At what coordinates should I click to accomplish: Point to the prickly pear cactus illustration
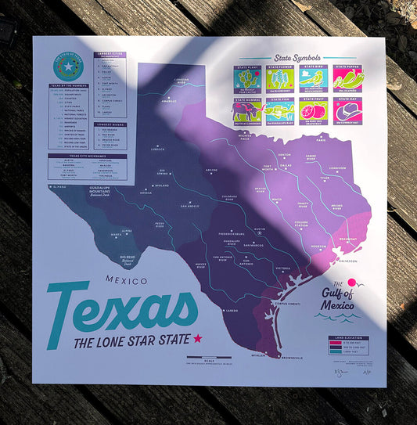pos(248,79)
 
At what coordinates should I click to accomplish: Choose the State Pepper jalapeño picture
pos(348,79)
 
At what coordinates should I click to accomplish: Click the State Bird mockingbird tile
pos(315,79)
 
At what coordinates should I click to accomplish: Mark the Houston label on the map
pos(318,247)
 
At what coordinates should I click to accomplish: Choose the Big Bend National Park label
pos(133,259)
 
